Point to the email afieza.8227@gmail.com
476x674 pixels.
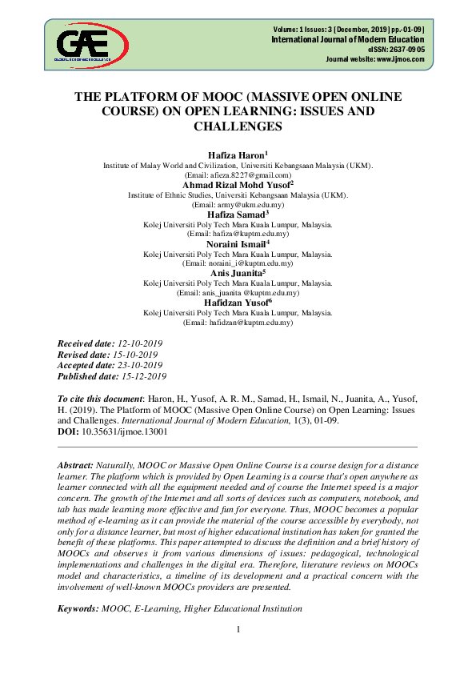pos(248,175)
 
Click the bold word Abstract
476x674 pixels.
pos(75,465)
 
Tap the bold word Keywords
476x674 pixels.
pos(78,609)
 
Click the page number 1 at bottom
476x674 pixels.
pos(238,630)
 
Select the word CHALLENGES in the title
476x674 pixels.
pos(238,126)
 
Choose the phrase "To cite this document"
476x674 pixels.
pos(99,398)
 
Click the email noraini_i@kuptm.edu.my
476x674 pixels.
pos(250,263)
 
